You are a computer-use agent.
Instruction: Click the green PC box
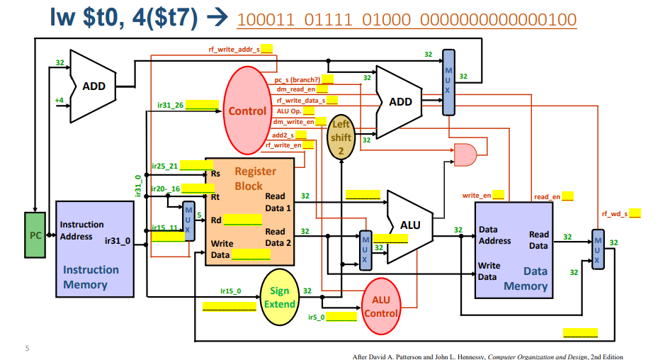tap(35, 234)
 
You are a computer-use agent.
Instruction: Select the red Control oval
tap(247, 111)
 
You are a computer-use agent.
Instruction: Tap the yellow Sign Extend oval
tap(280, 298)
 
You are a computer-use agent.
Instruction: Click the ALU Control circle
tap(381, 306)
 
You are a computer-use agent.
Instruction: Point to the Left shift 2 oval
tap(341, 137)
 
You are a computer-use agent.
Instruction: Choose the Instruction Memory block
tap(95, 248)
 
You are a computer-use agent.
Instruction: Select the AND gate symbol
tap(465, 152)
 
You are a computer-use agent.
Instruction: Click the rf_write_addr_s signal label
tap(234, 49)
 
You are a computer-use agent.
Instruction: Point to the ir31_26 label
tap(171, 105)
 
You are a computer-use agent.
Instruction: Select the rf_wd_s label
tap(615, 213)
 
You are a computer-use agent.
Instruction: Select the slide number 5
tap(27, 348)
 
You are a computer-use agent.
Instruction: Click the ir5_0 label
tap(317, 317)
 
